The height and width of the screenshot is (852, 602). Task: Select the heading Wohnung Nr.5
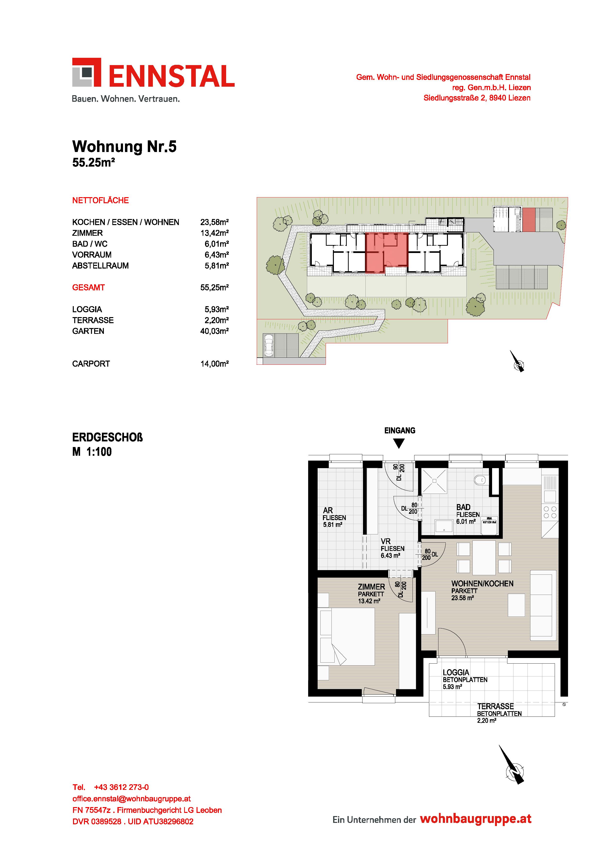[x=124, y=147]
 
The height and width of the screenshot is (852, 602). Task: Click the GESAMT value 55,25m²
[x=214, y=287]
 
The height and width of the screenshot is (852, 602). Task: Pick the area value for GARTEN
[x=214, y=331]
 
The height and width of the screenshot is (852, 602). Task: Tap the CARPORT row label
[x=91, y=364]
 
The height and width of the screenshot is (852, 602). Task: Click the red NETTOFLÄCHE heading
[x=100, y=200]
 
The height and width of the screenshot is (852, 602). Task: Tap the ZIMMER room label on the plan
[x=371, y=587]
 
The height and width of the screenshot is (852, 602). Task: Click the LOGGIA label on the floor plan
[x=456, y=672]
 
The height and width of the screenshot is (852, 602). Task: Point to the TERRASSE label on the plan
[x=495, y=706]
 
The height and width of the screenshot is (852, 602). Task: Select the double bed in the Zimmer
[x=347, y=636]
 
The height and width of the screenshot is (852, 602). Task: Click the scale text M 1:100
[x=92, y=452]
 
